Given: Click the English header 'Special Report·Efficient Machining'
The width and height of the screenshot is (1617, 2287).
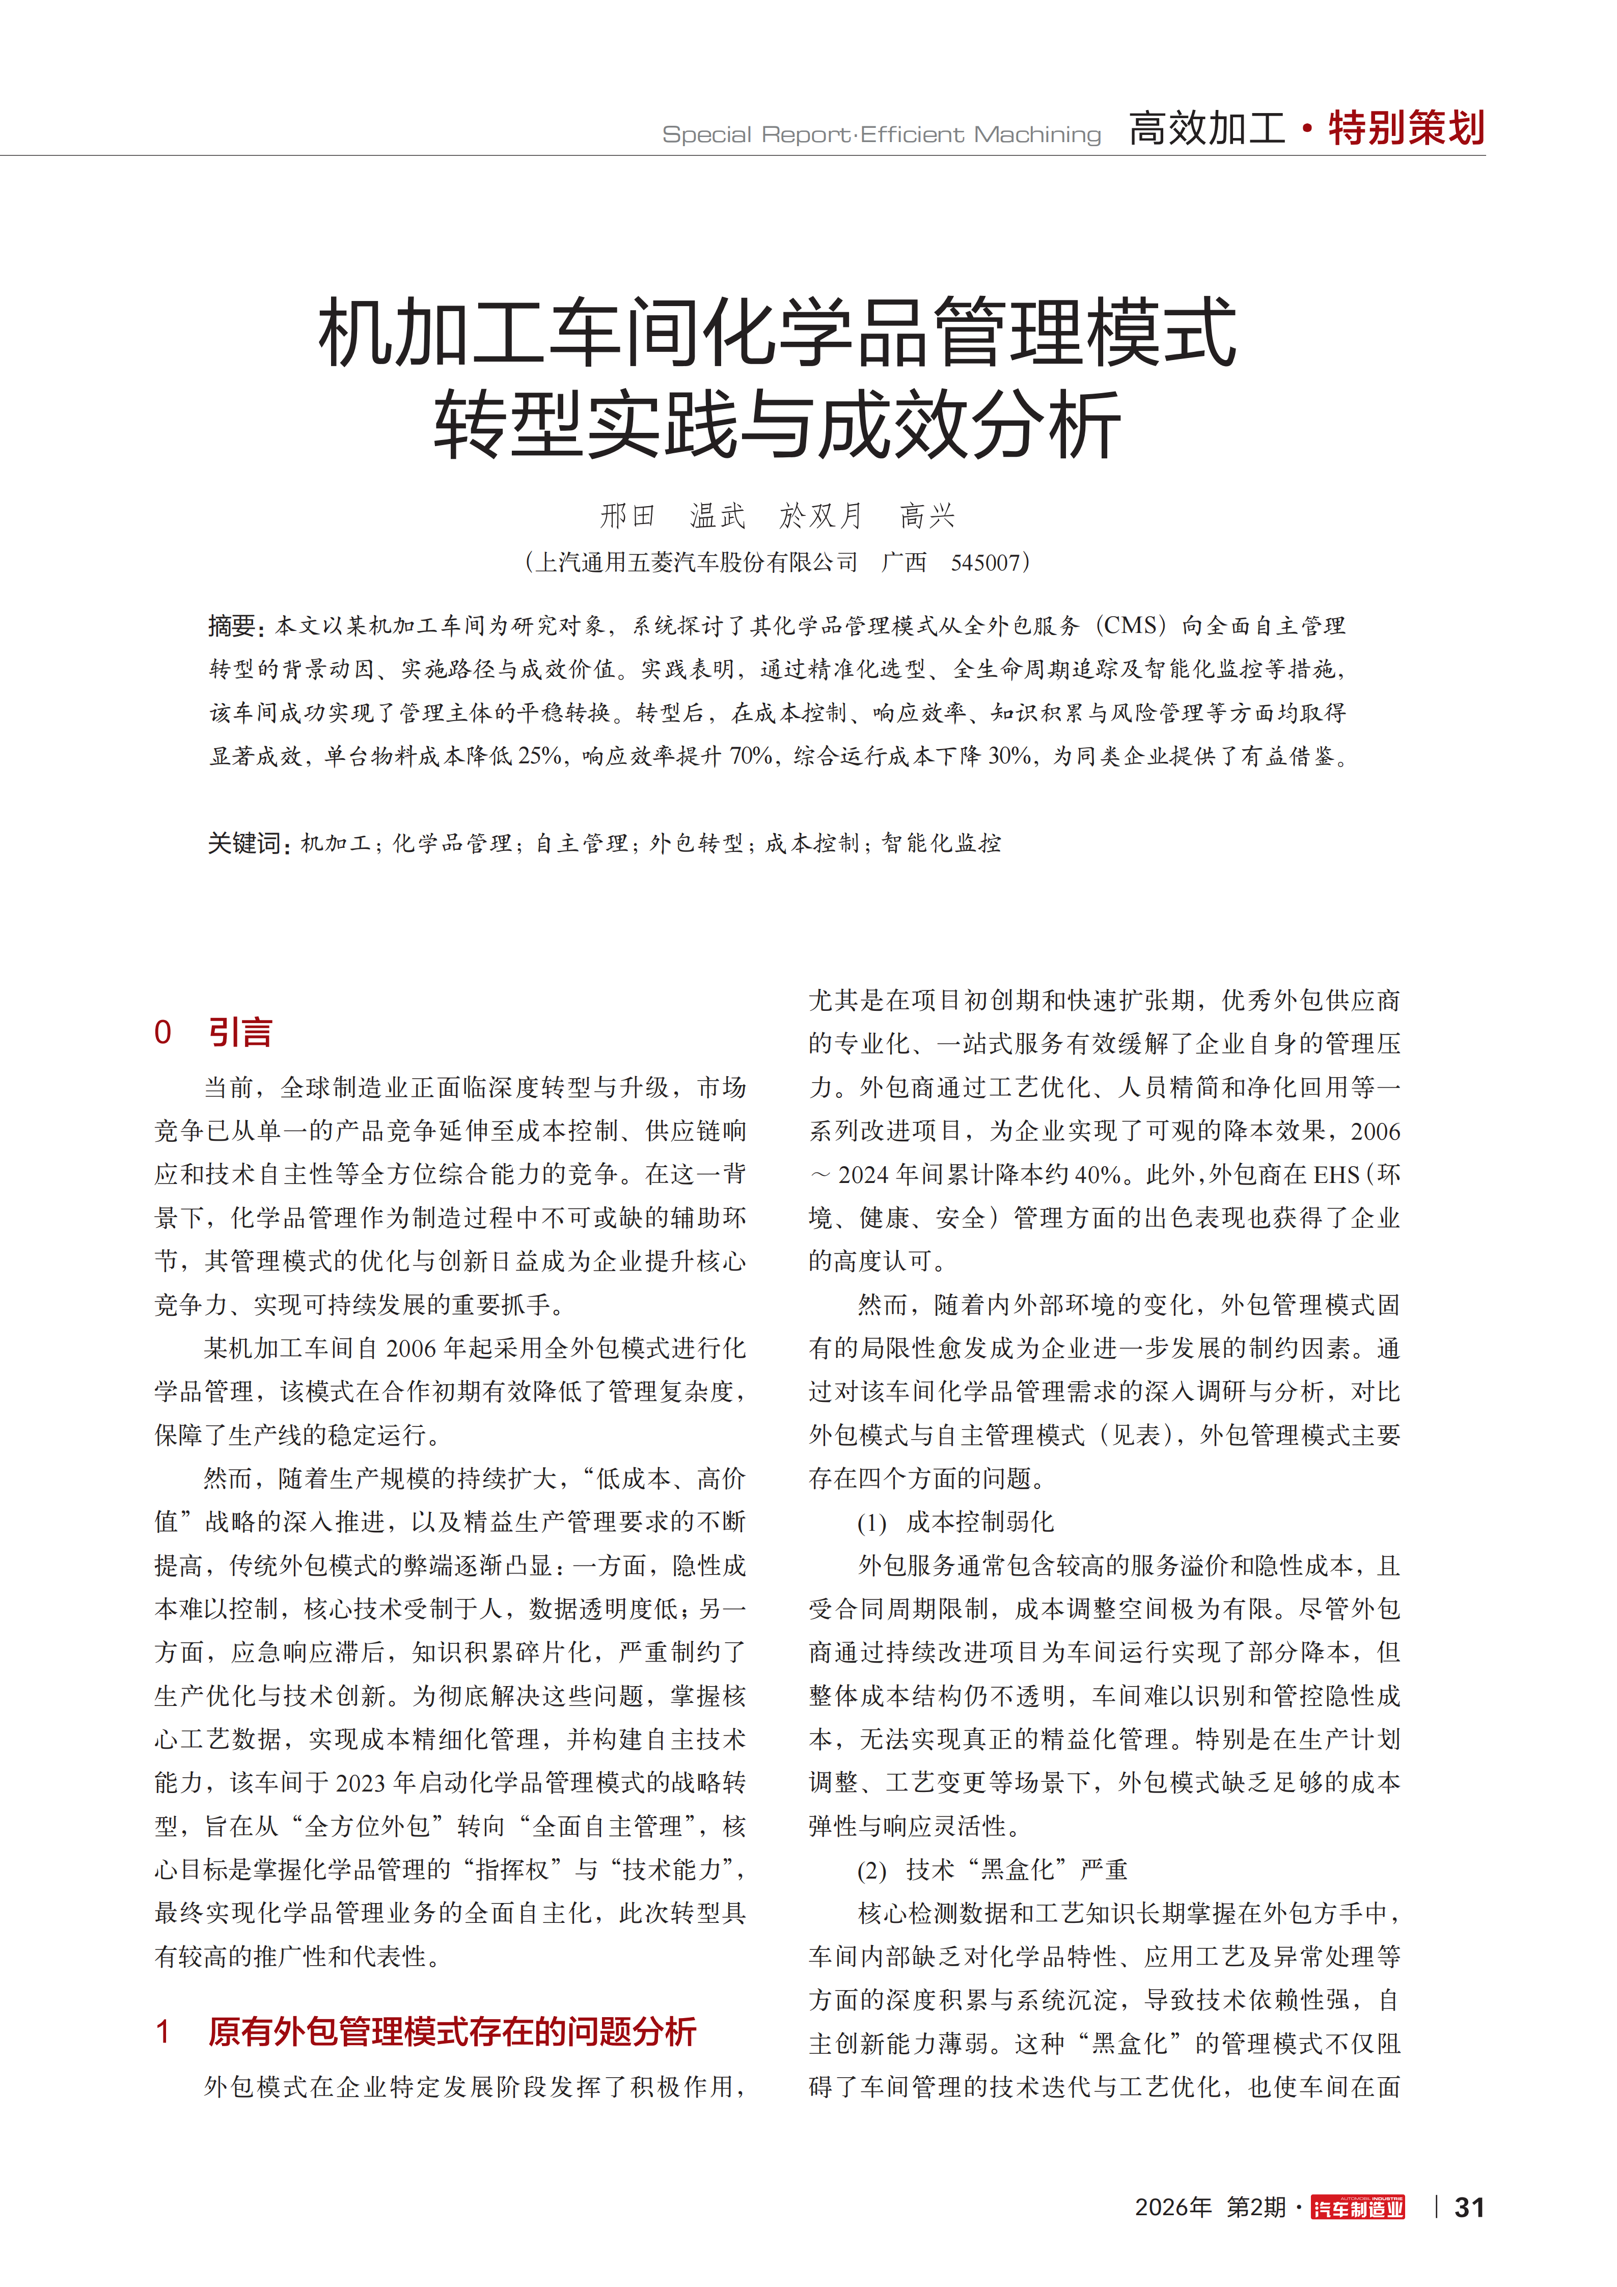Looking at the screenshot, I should click(882, 134).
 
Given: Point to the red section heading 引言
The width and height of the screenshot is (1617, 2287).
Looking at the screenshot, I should click(240, 1032).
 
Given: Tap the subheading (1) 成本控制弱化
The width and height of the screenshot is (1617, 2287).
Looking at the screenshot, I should click(954, 1522).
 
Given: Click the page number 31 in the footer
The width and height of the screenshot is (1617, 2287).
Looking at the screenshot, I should click(1469, 2208).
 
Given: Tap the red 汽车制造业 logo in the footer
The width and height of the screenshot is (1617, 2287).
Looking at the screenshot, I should click(1358, 2208).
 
